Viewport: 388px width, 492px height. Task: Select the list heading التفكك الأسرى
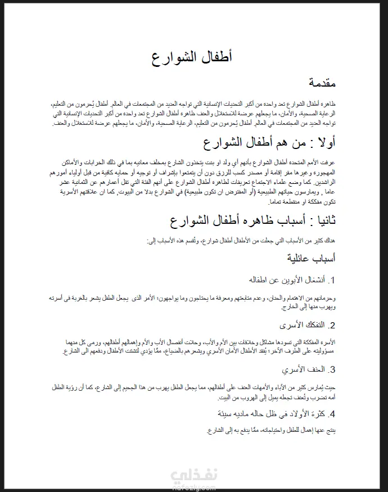pos(303,325)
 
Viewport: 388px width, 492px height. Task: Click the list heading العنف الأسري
pos(303,369)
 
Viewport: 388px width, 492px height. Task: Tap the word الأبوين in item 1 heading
pos(279,279)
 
